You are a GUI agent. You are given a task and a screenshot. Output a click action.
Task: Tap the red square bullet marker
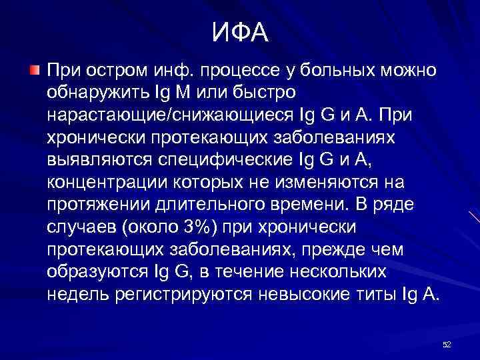point(34,69)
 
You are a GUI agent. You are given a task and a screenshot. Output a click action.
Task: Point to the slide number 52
point(447,344)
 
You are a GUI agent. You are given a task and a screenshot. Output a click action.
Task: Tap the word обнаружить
point(99,92)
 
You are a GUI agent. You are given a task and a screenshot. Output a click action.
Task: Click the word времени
point(301,205)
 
